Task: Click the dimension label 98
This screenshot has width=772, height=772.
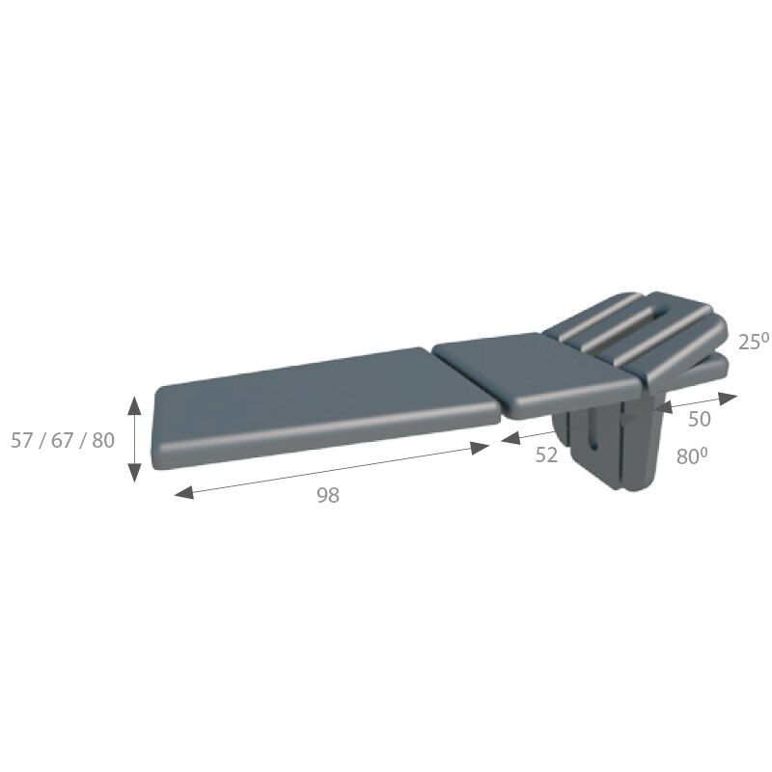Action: tap(328, 495)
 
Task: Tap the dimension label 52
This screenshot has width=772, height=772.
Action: tap(546, 455)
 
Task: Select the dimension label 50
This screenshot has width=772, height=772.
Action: tap(699, 419)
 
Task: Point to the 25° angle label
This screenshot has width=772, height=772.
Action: tap(754, 342)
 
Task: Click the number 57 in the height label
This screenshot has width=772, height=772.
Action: tap(21, 440)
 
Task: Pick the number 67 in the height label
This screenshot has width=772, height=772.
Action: tap(62, 440)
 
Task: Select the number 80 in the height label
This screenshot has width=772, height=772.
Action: tap(103, 440)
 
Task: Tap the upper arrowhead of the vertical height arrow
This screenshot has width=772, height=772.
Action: tap(134, 404)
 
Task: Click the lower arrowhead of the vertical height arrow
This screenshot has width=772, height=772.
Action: tap(134, 473)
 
